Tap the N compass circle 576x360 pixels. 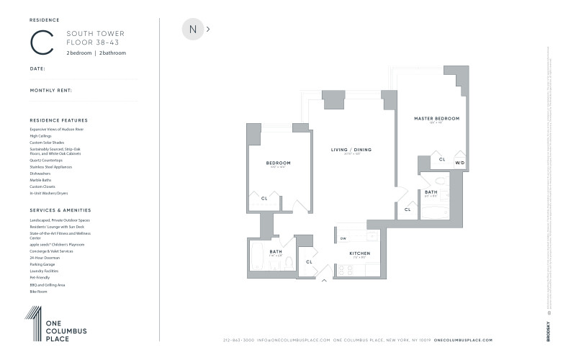click(192, 30)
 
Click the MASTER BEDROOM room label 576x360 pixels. click(436, 117)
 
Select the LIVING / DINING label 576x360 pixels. click(351, 150)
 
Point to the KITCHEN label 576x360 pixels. click(359, 254)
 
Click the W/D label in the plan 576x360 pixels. click(459, 163)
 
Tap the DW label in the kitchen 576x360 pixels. click(343, 238)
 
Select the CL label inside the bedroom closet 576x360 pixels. click(264, 198)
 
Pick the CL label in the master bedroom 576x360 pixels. click(442, 159)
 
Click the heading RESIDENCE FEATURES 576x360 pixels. click(58, 120)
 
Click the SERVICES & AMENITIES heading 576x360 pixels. click(60, 210)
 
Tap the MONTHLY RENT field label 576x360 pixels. click(50, 91)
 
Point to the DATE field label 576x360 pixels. click(37, 68)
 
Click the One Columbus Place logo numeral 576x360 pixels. click(33, 322)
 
